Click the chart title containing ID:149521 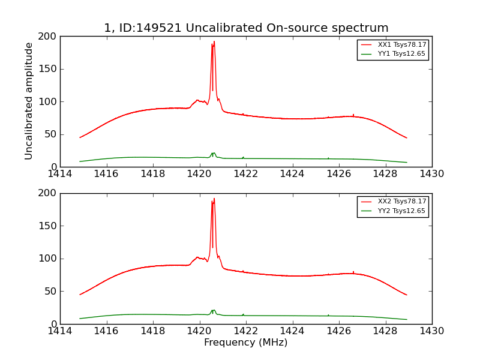[x=246, y=28]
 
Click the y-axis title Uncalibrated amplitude [x=29, y=101]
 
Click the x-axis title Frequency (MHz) [x=245, y=343]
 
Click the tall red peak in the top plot [x=213, y=45]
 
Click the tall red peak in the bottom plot [x=213, y=202]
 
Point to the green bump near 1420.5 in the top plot [x=213, y=154]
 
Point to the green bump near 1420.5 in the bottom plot [x=213, y=311]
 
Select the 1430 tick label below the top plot [x=431, y=174]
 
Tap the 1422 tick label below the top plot [x=246, y=174]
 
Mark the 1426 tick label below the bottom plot [x=339, y=331]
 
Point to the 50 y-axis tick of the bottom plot [x=50, y=292]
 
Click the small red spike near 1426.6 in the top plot [x=353, y=115]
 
